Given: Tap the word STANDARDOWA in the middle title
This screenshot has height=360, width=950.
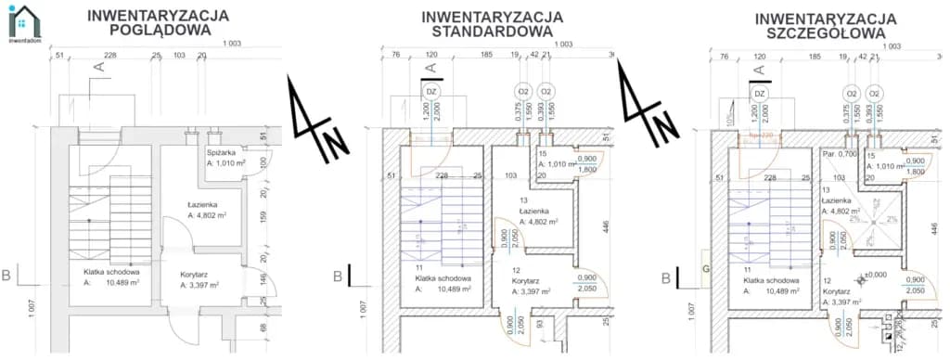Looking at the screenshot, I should [492, 32].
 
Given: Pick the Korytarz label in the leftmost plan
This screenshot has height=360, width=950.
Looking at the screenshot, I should [198, 274].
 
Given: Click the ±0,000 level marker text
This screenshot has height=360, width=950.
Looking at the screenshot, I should [877, 274].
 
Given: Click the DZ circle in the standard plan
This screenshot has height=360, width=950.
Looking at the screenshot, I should [430, 93].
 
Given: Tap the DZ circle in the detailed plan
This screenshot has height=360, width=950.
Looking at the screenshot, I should [759, 94].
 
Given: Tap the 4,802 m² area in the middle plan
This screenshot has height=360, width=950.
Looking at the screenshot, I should [539, 222].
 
